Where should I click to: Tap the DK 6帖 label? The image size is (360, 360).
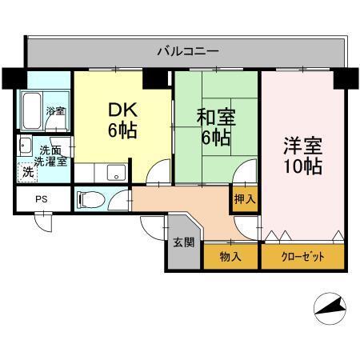(x=119, y=120)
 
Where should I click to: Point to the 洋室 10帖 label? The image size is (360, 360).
(x=302, y=157)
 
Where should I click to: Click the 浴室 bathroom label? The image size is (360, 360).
(x=54, y=111)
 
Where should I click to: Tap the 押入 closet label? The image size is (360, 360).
(x=244, y=199)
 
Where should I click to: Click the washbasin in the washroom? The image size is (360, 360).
(x=24, y=146)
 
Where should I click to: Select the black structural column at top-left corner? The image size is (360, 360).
(x=13, y=78)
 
